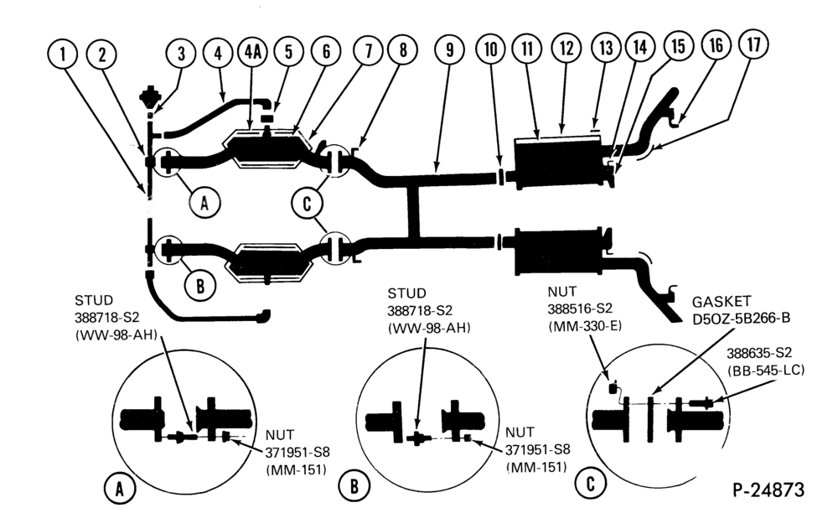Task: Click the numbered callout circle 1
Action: pyautogui.click(x=63, y=54)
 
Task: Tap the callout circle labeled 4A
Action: pyautogui.click(x=252, y=53)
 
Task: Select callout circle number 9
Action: pyautogui.click(x=449, y=49)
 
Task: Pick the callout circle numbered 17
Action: pyautogui.click(x=753, y=44)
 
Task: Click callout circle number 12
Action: pyautogui.click(x=566, y=48)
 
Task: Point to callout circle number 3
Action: pyautogui.click(x=181, y=53)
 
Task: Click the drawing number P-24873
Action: pyautogui.click(x=768, y=489)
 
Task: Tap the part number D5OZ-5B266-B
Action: pyautogui.click(x=741, y=319)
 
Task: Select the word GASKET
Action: pyautogui.click(x=721, y=302)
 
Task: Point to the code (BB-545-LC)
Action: pyautogui.click(x=765, y=370)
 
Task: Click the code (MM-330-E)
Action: pyautogui.click(x=585, y=325)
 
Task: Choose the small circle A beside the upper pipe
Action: pyautogui.click(x=204, y=203)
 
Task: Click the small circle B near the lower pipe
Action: pyautogui.click(x=200, y=286)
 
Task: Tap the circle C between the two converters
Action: pyautogui.click(x=307, y=204)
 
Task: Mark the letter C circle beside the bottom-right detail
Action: pyautogui.click(x=590, y=484)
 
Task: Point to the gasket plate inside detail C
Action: pyautogui.click(x=650, y=418)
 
